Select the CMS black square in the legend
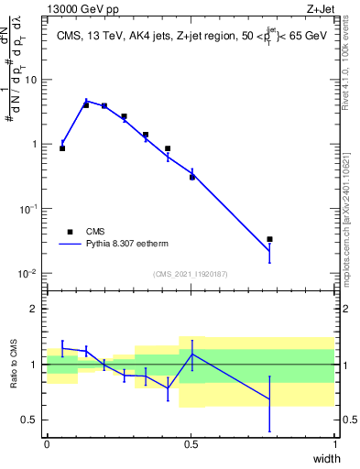point(70,232)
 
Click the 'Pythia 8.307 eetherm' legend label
point(126,245)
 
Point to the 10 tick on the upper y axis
point(29,80)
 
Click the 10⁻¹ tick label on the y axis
point(27,209)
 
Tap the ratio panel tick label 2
point(34,309)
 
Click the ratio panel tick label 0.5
point(29,420)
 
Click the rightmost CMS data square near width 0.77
point(269,239)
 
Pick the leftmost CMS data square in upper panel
point(62,147)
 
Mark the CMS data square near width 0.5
point(192,177)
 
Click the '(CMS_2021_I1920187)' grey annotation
point(191,273)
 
